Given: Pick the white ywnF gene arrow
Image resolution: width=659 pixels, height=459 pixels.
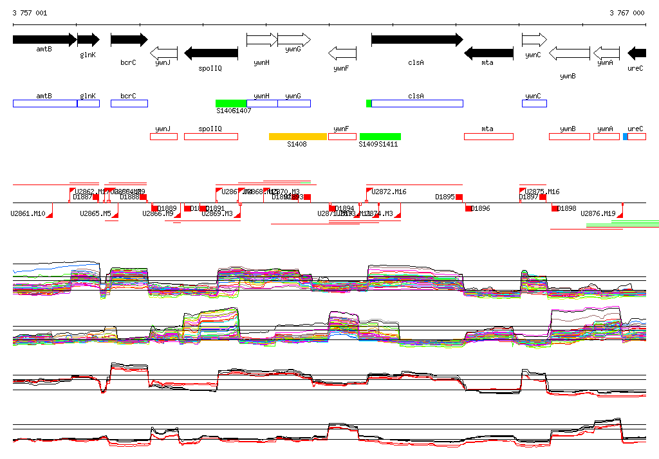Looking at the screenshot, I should coord(342,53).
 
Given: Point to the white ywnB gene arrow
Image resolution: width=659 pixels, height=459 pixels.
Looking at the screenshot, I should coord(569,53).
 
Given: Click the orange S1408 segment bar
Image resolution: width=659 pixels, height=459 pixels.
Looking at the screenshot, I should coord(298,136).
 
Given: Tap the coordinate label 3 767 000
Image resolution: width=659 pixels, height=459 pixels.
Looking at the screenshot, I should coord(627,13).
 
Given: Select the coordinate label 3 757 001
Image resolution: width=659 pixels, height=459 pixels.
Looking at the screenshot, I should coord(30,13).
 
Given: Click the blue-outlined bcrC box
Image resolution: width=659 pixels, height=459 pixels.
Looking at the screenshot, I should coord(129,104).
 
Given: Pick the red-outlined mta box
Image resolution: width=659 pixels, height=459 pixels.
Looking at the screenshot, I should coord(488,136).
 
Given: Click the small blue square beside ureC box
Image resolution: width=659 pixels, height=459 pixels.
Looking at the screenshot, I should coord(626,136).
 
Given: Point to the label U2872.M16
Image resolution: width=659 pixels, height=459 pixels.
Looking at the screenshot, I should coord(389,192).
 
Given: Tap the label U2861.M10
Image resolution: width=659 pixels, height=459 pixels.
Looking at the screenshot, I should coord(28,213).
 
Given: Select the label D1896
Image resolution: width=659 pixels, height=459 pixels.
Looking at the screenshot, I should coord(481,208).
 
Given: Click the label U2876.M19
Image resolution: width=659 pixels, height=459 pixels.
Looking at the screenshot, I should coord(599,213).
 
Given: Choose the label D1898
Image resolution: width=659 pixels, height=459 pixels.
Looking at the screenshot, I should coord(567,208).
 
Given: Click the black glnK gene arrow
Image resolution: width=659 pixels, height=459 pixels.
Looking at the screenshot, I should coord(88,40).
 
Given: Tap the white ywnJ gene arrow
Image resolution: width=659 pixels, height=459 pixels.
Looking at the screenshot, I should coord(163,53).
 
